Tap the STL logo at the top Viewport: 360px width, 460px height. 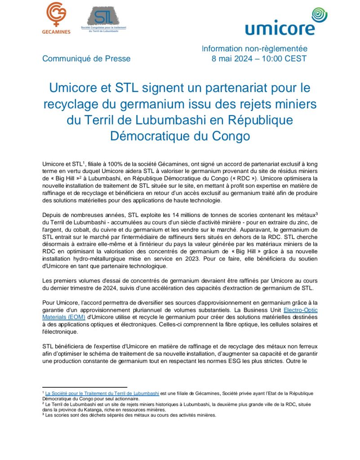[x=103, y=19]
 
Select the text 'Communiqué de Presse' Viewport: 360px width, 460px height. [x=86, y=58]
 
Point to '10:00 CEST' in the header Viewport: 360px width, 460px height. [x=288, y=58]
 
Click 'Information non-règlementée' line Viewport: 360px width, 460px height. [x=254, y=49]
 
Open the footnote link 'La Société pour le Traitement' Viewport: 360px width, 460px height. [x=102, y=393]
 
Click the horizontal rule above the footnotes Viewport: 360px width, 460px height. [x=84, y=387]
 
